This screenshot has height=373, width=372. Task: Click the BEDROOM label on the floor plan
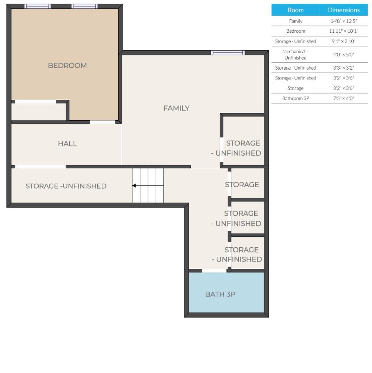pos(67,66)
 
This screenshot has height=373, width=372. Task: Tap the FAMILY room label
pos(177,108)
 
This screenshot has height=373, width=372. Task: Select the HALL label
pos(67,144)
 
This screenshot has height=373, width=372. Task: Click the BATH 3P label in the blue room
pos(220,294)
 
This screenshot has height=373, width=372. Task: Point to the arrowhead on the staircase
pos(134,185)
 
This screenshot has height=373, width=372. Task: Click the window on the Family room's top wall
pos(228,52)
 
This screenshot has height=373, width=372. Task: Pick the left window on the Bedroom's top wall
pos(38,6)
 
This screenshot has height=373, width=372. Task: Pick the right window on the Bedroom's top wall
pos(85,6)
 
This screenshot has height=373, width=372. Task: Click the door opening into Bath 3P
pos(214,270)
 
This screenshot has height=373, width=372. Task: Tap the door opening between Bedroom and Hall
pos(102,122)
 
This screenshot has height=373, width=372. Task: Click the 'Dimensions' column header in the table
pos(344,10)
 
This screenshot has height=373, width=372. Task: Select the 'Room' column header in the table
pos(295,10)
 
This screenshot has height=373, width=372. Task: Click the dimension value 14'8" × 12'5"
pos(344,21)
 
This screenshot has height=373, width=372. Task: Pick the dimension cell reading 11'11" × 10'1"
pos(344,31)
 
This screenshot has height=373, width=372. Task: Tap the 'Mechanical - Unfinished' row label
pos(295,55)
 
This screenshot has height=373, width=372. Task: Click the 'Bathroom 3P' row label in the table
pos(295,98)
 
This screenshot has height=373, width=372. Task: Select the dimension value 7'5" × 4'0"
pos(344,98)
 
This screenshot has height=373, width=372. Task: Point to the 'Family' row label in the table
pos(295,21)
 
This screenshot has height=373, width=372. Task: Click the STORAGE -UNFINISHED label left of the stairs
pos(66,186)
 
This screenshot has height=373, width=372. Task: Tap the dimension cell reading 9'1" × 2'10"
pos(344,42)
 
